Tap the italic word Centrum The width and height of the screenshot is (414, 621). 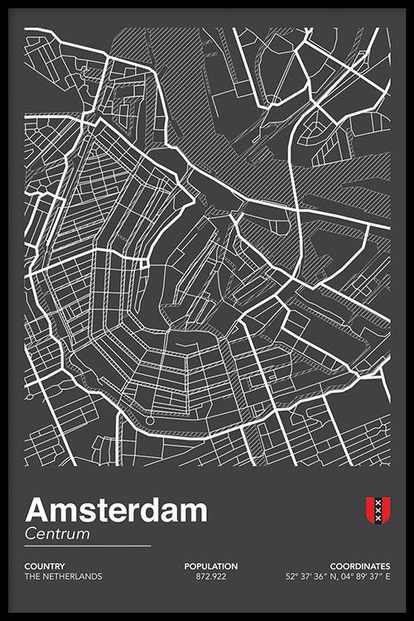tap(57, 534)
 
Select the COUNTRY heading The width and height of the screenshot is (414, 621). tap(45, 566)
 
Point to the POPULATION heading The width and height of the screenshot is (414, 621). tap(211, 566)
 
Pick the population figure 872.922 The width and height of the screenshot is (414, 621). tap(211, 576)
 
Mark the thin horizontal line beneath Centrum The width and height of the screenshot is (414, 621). tap(88, 546)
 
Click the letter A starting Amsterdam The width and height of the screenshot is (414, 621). tap(37, 510)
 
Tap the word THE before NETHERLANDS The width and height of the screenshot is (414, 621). tap(33, 576)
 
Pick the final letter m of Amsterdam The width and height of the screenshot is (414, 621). tap(193, 512)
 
